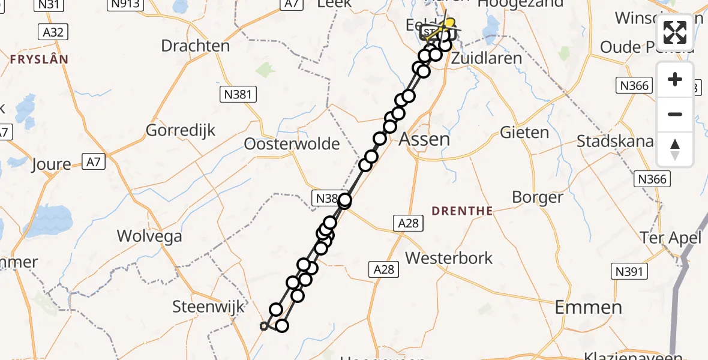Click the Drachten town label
pos(195,46)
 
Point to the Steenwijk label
pos(209,307)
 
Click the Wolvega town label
pos(149,236)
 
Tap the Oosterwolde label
pos(292,144)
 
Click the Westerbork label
pos(449,258)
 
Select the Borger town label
pos(538,197)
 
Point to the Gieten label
pos(524,133)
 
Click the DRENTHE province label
pos(462,211)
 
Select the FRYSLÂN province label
pos(38,59)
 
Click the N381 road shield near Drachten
pos(239,94)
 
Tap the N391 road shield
pos(629,271)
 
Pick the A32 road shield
pos(53,32)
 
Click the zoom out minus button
pos(675,115)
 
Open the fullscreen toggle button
pos(675,32)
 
